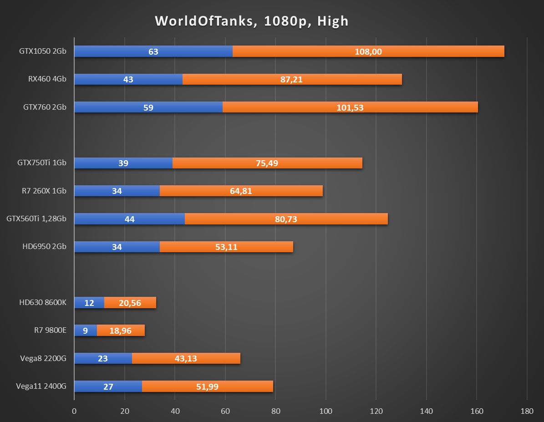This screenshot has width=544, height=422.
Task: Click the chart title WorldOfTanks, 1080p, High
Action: coord(251,21)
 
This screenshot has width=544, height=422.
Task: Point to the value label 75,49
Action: coord(267,163)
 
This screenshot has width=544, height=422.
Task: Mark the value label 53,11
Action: coord(226,247)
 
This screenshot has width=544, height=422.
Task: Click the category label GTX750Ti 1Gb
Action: coord(42,163)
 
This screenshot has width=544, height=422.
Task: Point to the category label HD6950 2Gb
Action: coord(44,247)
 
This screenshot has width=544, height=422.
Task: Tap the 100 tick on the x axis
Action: coord(325,411)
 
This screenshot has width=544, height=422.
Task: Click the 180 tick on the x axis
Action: coord(526,411)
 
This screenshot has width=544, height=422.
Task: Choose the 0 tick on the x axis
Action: coord(74,411)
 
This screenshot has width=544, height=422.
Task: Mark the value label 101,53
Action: coord(350,107)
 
